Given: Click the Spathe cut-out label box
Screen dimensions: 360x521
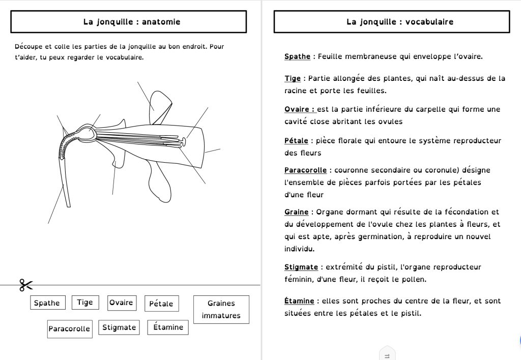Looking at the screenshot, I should tap(46, 303).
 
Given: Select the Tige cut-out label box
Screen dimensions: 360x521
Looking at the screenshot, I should tap(85, 303).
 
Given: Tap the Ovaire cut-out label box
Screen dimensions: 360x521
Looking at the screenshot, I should tap(121, 303).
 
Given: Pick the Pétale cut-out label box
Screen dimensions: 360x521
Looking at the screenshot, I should tap(161, 304).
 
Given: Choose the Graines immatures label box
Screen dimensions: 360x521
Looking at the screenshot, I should tap(221, 309).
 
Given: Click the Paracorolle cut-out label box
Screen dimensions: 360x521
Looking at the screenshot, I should tap(69, 329).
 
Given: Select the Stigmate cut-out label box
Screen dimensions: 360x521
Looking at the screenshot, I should tap(119, 327).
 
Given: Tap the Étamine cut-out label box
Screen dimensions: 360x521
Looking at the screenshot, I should tap(168, 327).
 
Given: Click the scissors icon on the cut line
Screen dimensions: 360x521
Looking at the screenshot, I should tap(26, 285).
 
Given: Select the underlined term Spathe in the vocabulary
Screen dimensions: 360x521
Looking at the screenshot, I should tap(297, 56).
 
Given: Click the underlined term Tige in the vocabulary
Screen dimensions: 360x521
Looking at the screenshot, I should tap(293, 79).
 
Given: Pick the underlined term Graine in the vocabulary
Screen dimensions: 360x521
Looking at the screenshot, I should tap(297, 212).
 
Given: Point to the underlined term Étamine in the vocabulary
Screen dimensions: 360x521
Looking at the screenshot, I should tap(299, 301).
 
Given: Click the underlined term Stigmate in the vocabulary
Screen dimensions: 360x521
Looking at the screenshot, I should tap(301, 267).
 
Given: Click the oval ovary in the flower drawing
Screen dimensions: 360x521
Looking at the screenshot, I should tap(88, 133).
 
